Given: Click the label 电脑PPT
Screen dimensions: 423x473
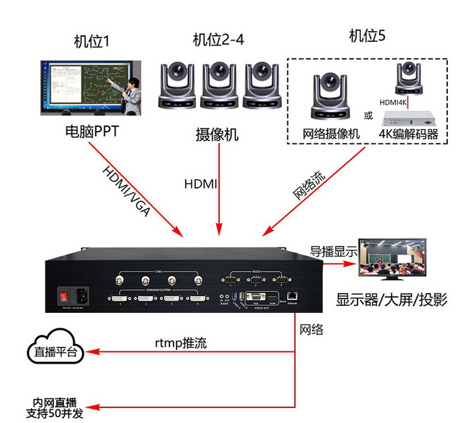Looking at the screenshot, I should [x=91, y=130].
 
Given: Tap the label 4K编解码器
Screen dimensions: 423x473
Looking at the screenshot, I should [x=409, y=133].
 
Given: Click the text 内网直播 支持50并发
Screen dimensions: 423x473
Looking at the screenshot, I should [x=55, y=407].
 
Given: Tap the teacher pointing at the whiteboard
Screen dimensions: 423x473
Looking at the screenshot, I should [x=132, y=88].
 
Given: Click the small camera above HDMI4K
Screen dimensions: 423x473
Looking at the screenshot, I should [x=409, y=78].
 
